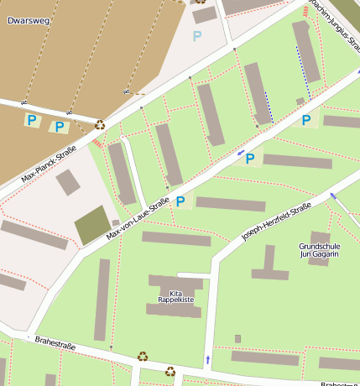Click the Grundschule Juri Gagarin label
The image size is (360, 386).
point(319,249)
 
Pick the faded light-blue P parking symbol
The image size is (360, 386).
point(197,36)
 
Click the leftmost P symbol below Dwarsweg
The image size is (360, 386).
point(32,121)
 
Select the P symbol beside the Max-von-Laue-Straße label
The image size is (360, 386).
point(180,201)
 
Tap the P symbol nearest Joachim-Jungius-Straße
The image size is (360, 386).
point(305,120)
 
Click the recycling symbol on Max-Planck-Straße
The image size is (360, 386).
point(101,124)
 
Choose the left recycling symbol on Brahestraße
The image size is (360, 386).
point(143,357)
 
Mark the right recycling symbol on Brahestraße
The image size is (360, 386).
point(170,370)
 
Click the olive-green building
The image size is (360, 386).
point(91,225)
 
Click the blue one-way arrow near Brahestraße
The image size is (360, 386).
point(207,361)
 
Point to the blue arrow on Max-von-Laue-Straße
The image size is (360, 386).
point(241,153)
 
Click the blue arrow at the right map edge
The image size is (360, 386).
point(333,196)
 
